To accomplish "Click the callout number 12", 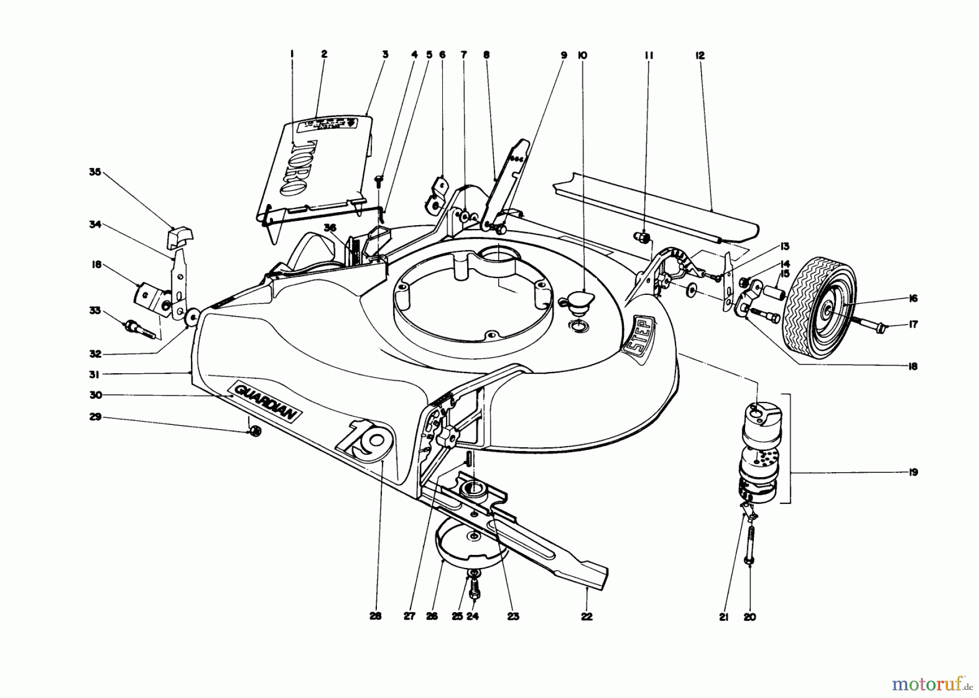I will pyautogui.click(x=699, y=55).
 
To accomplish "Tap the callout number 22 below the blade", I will pyautogui.click(x=586, y=616).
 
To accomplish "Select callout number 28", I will pyautogui.click(x=375, y=616).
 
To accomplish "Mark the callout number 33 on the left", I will pyautogui.click(x=95, y=311).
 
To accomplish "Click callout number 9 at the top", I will pyautogui.click(x=564, y=55).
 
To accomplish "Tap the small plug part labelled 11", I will pyautogui.click(x=642, y=237).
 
